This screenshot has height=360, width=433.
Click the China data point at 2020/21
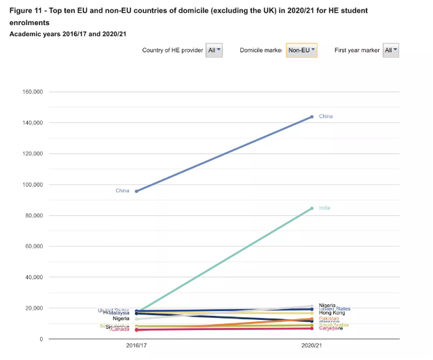pyautogui.click(x=312, y=117)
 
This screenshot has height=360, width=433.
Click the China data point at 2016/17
pyautogui.click(x=136, y=191)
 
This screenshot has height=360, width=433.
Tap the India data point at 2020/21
pyautogui.click(x=312, y=208)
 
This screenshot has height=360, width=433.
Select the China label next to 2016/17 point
pyautogui.click(x=122, y=191)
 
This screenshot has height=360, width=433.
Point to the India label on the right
pyautogui.click(x=324, y=208)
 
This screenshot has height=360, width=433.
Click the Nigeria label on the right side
pyautogui.click(x=328, y=305)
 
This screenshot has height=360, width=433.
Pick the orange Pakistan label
pyautogui.click(x=329, y=319)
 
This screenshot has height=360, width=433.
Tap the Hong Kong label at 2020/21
pyautogui.click(x=332, y=312)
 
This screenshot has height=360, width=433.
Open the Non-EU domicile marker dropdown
pyautogui.click(x=301, y=50)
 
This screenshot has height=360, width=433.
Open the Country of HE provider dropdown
pyautogui.click(x=214, y=50)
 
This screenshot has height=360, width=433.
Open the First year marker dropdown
pyautogui.click(x=391, y=50)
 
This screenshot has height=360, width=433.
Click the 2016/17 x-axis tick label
pyautogui.click(x=136, y=346)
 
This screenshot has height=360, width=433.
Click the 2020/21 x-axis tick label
pyautogui.click(x=312, y=346)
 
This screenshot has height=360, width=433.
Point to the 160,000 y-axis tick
pyautogui.click(x=33, y=92)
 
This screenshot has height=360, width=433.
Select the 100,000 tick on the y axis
pyautogui.click(x=33, y=185)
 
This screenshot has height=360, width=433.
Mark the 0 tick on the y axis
pyautogui.click(x=41, y=339)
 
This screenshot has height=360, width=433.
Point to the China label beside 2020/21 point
pyautogui.click(x=326, y=117)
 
